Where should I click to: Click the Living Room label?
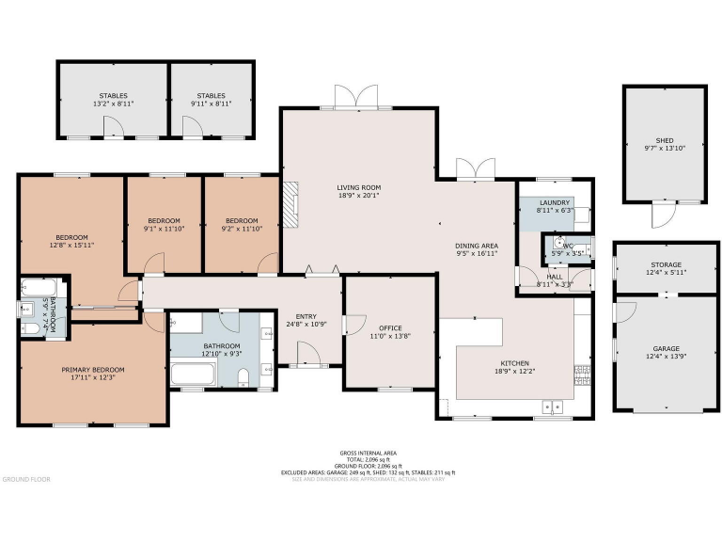point(359,187)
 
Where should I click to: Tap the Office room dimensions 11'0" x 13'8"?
point(389,336)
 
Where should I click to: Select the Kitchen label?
point(514,363)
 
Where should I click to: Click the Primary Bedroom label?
point(93,370)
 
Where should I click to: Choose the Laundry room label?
point(555,202)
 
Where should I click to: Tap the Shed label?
point(665,139)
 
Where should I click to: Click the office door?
point(350,325)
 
